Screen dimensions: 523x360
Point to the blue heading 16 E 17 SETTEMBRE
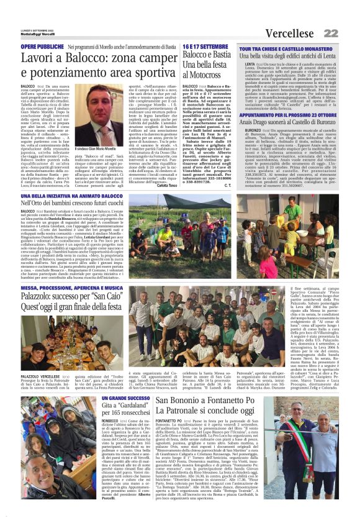(x=208, y=47)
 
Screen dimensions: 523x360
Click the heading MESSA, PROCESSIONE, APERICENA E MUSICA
(x=81, y=288)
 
